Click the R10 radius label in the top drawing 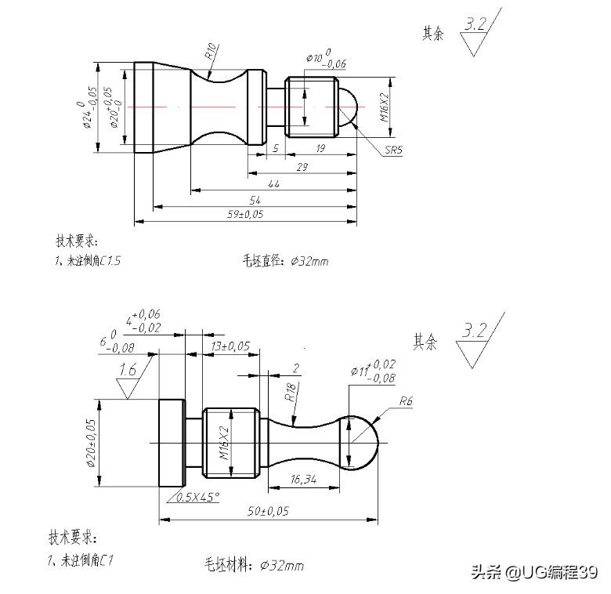click(211, 53)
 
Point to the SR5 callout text click(393, 150)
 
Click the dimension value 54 click(255, 201)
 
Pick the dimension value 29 click(302, 166)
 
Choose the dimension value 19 click(320, 148)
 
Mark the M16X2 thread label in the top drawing click(383, 107)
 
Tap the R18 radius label click(291, 392)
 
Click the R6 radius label click(406, 402)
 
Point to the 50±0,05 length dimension click(266, 511)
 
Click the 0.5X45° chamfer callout click(197, 497)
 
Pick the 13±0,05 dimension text click(230, 346)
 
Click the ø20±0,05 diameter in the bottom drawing click(91, 443)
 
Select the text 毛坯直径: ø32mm click(284, 261)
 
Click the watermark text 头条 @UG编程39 click(533, 573)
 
